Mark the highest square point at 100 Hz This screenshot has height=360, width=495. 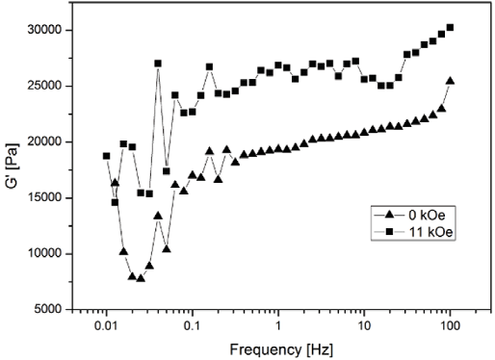(450, 27)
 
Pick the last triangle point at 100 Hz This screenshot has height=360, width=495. (450, 81)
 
